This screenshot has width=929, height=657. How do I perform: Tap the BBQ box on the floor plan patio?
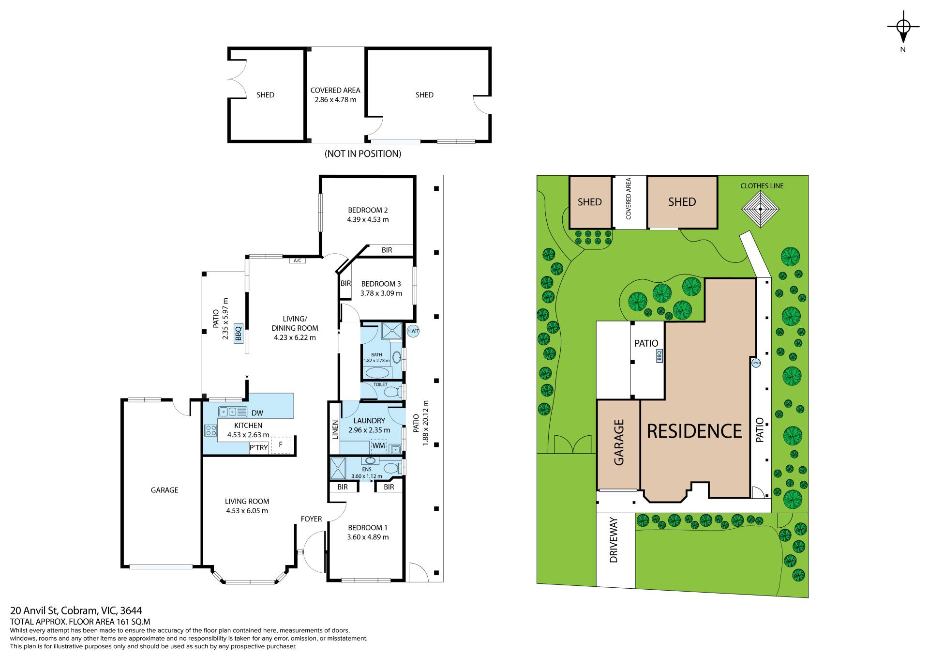pos(238,333)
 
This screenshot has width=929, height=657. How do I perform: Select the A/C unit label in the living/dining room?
pos(298,260)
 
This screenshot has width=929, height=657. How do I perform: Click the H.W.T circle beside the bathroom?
pos(413,332)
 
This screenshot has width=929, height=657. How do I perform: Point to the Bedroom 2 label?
pos(368,210)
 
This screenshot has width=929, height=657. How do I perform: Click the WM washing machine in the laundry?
pos(378,445)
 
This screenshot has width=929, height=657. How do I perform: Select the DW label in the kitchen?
pos(257,413)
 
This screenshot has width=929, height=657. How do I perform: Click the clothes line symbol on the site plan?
pos(761,209)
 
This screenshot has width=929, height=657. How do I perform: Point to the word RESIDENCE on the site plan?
pos(694,431)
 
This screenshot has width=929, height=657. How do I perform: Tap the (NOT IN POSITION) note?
pos(363,154)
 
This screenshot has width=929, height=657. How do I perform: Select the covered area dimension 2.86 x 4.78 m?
pos(335,100)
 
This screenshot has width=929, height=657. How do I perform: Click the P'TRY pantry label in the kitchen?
pos(258,448)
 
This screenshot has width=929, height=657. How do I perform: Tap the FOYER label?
pos(311,519)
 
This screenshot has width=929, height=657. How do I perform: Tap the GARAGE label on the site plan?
pos(619,443)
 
